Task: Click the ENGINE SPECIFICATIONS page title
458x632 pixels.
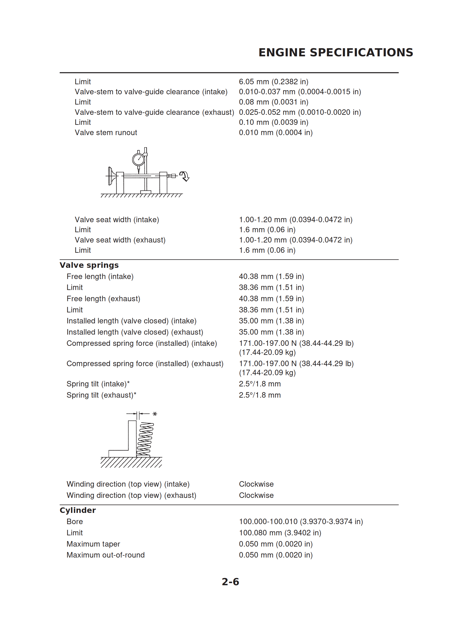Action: [336, 52]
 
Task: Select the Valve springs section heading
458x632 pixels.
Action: [89, 265]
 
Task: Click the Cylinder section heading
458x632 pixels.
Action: [78, 510]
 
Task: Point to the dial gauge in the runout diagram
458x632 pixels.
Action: [138, 160]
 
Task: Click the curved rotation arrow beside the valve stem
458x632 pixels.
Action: [184, 176]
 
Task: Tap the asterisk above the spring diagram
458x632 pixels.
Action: [155, 414]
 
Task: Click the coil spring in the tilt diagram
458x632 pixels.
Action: [145, 439]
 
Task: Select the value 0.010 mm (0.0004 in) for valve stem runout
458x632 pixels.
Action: [276, 133]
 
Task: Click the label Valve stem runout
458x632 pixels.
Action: [106, 133]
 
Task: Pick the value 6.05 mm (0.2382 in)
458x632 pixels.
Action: [273, 82]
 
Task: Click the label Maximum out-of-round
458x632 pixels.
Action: [106, 555]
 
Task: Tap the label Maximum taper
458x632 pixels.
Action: [93, 544]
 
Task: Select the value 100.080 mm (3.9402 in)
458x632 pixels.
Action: [280, 532]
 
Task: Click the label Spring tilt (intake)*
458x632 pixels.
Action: [98, 384]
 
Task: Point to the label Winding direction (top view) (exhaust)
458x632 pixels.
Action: [131, 495]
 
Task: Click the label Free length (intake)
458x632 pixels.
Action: [100, 276]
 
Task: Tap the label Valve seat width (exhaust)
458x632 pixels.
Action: [120, 240]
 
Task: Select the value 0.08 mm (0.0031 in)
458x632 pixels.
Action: [273, 102]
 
